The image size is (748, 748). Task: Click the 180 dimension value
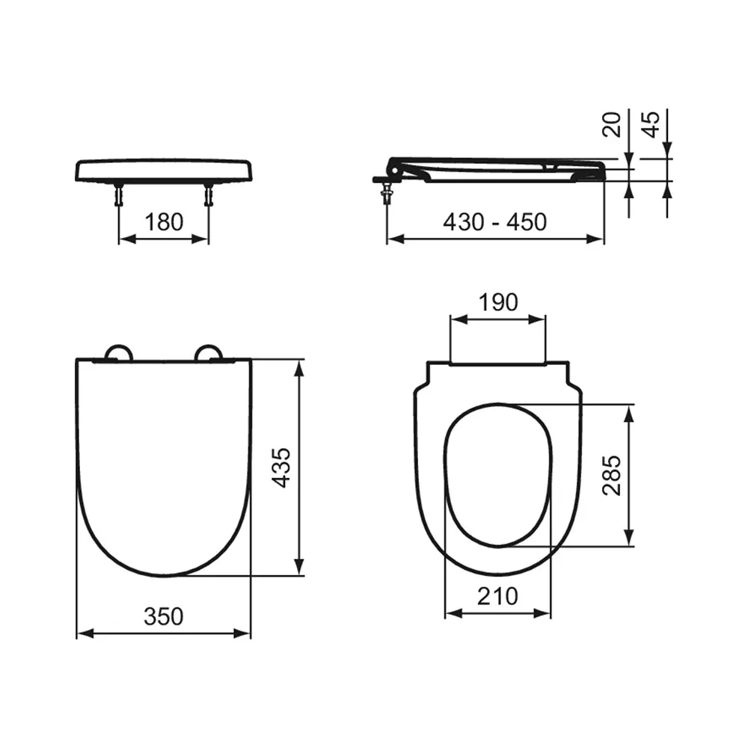click(163, 221)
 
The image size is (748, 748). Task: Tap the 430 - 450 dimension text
click(494, 221)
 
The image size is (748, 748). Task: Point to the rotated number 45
click(651, 124)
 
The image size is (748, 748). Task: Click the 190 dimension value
click(497, 302)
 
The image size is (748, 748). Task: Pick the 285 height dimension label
click(612, 476)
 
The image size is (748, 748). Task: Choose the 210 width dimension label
click(497, 596)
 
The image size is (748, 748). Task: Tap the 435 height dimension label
click(280, 468)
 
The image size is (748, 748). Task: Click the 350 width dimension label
click(163, 616)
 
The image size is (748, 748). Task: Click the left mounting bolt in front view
click(120, 196)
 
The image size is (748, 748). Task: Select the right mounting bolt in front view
click(208, 196)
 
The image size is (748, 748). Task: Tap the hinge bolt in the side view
click(386, 191)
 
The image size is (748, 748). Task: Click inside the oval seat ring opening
click(497, 475)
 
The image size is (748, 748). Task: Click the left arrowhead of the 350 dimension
click(82, 634)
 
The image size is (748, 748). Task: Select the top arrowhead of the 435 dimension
click(300, 365)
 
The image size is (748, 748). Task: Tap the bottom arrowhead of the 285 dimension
click(631, 541)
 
